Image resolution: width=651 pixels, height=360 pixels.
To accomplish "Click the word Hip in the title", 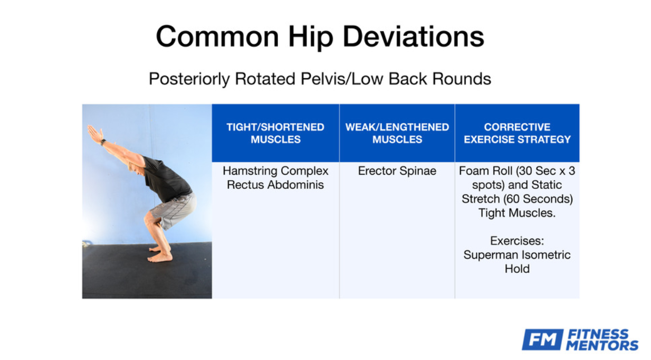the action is point(310,37).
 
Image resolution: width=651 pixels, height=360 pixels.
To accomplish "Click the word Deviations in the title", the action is point(414,36).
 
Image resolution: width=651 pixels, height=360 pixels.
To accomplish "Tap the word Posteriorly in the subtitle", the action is point(189,79).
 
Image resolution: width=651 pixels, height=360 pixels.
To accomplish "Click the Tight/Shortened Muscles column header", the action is point(275,133).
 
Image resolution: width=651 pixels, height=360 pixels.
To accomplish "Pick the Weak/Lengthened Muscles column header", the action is point(397,133).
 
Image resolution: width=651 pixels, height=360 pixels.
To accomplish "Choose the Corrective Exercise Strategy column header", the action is point(517,133).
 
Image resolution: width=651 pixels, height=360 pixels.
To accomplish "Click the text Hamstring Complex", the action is point(275,171).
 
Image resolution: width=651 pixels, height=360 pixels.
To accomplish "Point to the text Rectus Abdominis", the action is point(275,185).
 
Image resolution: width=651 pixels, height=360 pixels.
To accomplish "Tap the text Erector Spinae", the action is point(397,171).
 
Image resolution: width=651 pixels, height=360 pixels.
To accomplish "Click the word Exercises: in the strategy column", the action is point(517,241).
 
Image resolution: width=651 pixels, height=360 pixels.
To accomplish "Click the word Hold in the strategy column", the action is point(517,269).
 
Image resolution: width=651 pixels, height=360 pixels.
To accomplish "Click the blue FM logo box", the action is point(542,339).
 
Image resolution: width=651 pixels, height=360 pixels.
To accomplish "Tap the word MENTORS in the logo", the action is point(602,345).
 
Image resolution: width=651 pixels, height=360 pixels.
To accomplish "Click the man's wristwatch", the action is point(103,142).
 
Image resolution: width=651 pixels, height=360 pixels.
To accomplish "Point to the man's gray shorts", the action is point(174,211).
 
